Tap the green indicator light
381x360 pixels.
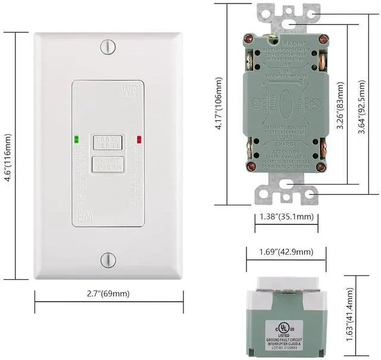76,141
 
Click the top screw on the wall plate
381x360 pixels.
108,46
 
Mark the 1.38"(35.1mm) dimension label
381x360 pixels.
288,217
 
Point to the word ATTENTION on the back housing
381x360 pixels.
287,152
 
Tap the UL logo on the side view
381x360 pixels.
280,326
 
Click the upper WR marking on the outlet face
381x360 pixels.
129,92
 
